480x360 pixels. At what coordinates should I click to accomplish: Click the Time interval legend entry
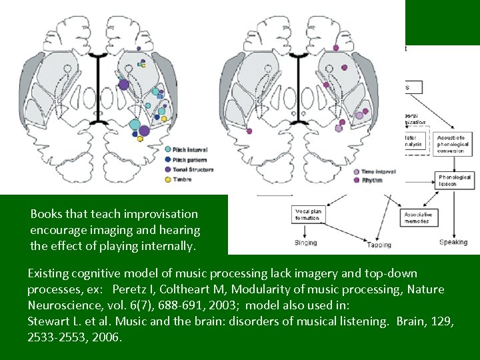pyautogui.click(x=377, y=171)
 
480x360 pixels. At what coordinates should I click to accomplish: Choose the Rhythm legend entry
pyautogui.click(x=371, y=180)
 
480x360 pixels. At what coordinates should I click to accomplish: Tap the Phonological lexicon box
pyautogui.click(x=455, y=180)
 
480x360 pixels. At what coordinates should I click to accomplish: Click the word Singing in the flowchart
pyautogui.click(x=306, y=243)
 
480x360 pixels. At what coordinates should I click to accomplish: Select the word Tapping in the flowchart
pyautogui.click(x=379, y=245)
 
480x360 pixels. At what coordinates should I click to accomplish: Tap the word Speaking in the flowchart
pyautogui.click(x=453, y=242)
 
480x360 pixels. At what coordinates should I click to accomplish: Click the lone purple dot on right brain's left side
pyautogui.click(x=249, y=131)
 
